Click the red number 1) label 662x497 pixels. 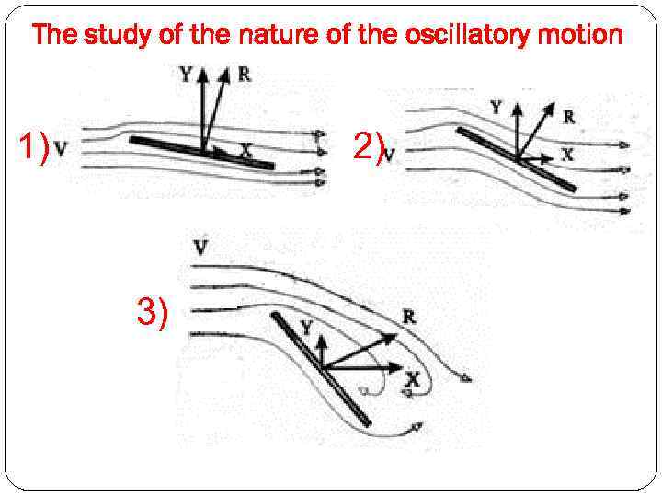(x=34, y=146)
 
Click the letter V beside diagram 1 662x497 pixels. (x=60, y=147)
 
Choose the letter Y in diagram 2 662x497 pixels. (x=496, y=107)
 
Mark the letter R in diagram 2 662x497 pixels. (x=569, y=117)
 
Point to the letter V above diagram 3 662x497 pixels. (x=200, y=246)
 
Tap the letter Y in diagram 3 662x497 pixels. (x=307, y=328)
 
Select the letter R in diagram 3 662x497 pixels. (x=408, y=318)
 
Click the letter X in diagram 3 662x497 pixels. (x=412, y=379)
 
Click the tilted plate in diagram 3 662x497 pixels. (x=321, y=368)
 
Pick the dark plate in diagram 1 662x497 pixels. (x=202, y=153)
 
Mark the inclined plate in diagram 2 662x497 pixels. (x=517, y=159)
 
